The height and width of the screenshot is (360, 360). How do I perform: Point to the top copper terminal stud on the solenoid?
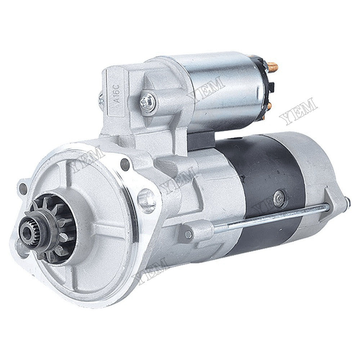click(273, 66)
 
